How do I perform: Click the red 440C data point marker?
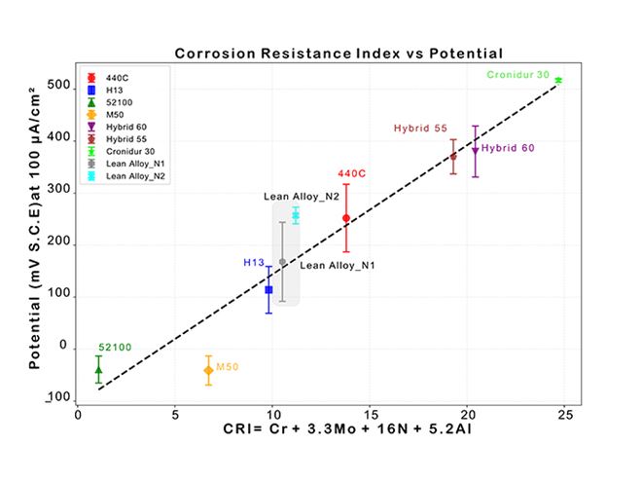click(x=346, y=218)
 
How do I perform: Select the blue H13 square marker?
click(x=268, y=289)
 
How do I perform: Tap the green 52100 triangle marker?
click(x=98, y=369)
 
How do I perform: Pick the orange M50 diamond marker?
click(x=208, y=370)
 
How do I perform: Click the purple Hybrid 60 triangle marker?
click(x=475, y=151)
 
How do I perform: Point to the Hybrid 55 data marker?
click(x=453, y=156)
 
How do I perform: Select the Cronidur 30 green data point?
click(x=558, y=80)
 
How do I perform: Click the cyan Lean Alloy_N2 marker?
click(x=296, y=215)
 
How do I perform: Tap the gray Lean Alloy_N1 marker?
click(x=282, y=262)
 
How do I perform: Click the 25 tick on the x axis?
click(x=564, y=413)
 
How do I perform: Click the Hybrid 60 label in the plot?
click(x=508, y=148)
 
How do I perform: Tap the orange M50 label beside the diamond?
click(x=228, y=366)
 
